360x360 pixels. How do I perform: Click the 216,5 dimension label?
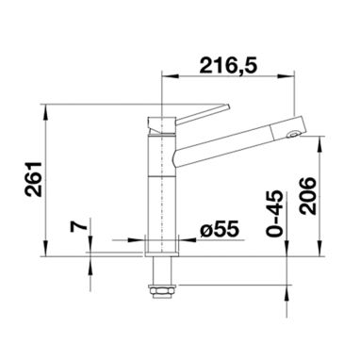point(228,65)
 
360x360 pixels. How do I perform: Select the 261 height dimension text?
point(34,179)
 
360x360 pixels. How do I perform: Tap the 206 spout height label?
point(307,196)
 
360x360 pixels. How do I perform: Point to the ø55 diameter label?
point(220,231)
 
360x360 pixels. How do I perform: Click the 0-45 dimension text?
point(274,214)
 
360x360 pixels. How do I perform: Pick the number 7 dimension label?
point(78,226)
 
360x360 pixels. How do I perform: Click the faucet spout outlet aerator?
point(293,135)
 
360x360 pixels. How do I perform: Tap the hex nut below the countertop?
point(161,291)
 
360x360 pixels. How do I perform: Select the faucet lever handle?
point(201,113)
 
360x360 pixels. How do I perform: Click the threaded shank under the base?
point(161,270)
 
